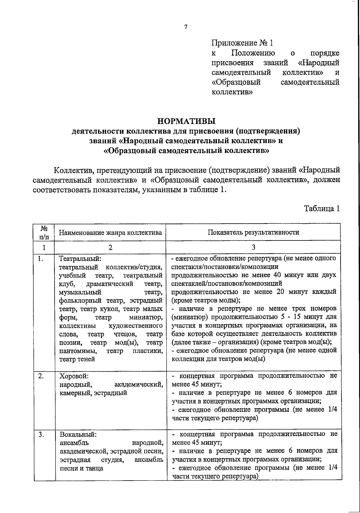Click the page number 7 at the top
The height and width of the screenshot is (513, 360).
click(x=186, y=27)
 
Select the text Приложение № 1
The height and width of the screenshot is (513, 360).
click(x=242, y=43)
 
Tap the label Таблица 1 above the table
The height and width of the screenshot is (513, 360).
click(x=322, y=208)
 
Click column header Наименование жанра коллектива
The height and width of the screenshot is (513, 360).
click(x=110, y=232)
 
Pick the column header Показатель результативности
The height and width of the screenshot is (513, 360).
click(x=253, y=232)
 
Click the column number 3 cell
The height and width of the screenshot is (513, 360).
click(x=253, y=247)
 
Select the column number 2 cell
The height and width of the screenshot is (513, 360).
click(x=110, y=247)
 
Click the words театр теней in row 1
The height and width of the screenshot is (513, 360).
click(x=77, y=359)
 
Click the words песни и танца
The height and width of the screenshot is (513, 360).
click(x=82, y=468)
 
